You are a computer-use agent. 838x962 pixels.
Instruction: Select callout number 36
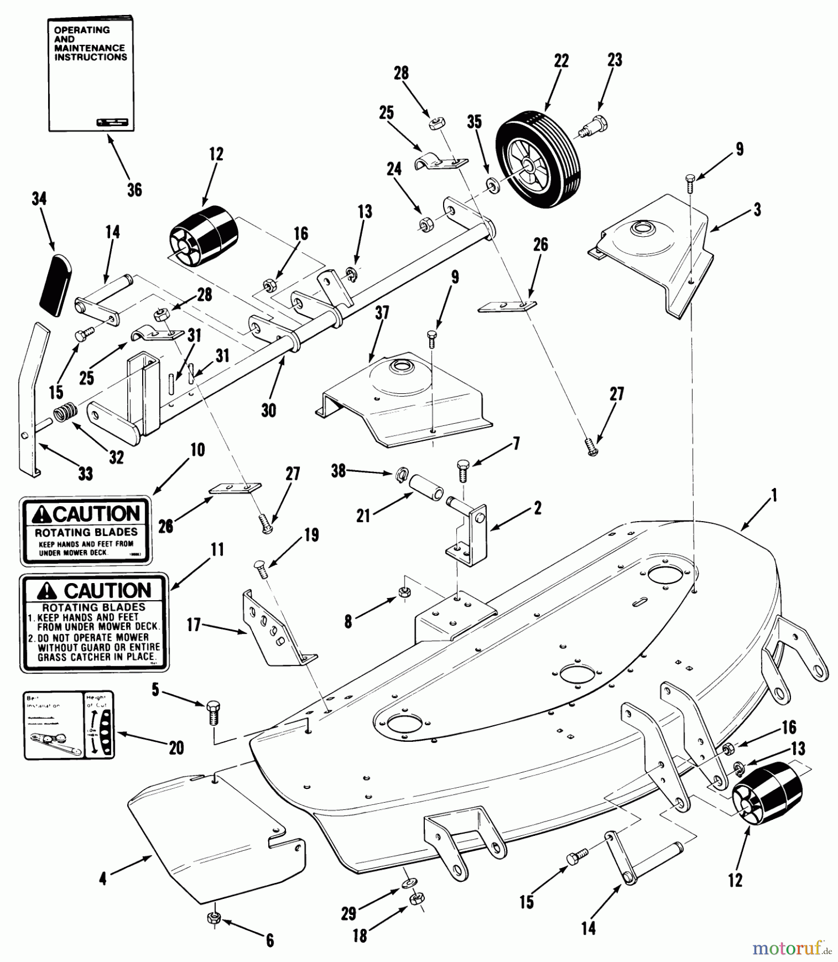[x=135, y=189]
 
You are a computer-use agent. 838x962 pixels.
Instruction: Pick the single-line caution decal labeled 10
[x=86, y=530]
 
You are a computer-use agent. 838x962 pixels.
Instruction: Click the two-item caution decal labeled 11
[x=94, y=623]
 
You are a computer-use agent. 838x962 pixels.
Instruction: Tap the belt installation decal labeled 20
[x=69, y=724]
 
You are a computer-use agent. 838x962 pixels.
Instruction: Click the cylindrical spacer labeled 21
[x=426, y=486]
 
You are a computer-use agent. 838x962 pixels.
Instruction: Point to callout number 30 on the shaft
[x=268, y=410]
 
